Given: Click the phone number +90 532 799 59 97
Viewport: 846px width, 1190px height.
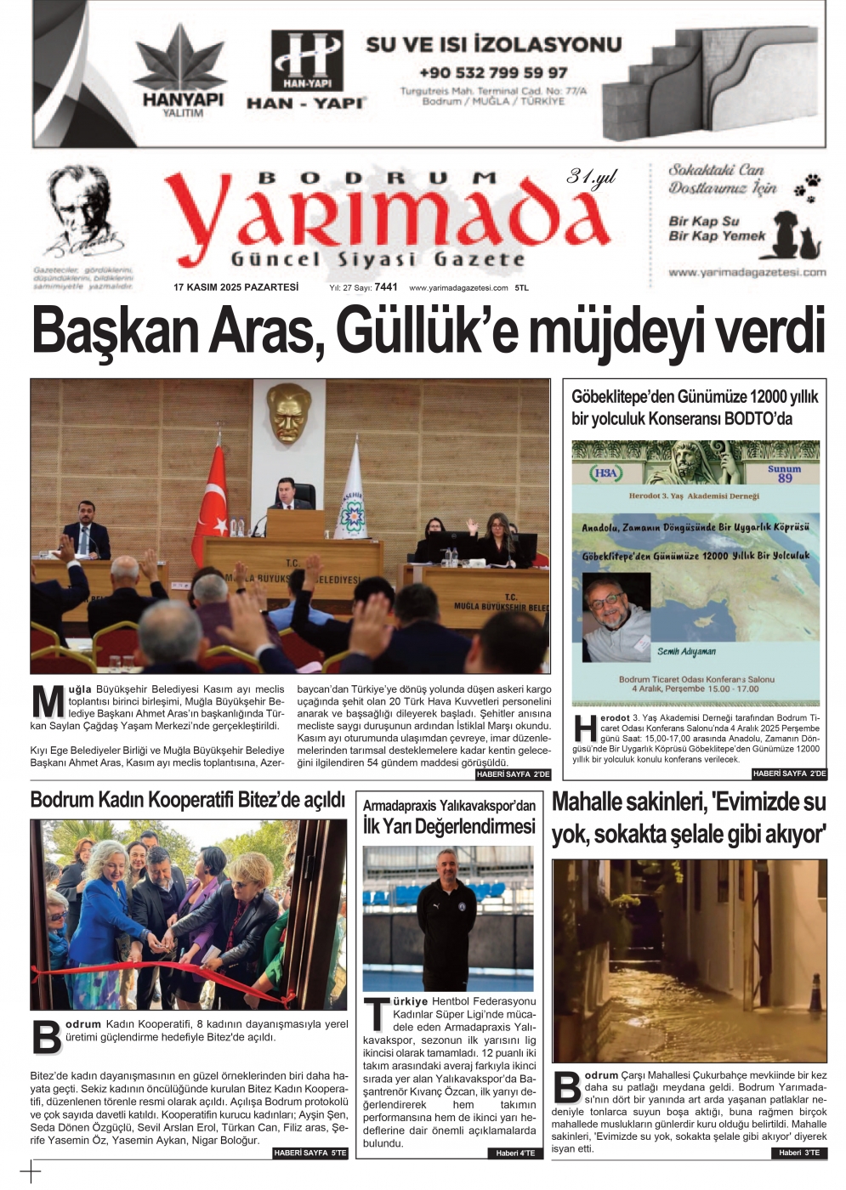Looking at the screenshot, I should [493, 73].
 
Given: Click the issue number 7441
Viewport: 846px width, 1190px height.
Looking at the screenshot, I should [386, 287].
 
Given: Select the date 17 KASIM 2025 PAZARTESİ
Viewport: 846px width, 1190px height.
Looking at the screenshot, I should [236, 287].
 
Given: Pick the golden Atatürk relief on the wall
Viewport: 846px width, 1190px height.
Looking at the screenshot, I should [287, 413].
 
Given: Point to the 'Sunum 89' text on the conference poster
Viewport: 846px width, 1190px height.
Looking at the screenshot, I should [784, 473].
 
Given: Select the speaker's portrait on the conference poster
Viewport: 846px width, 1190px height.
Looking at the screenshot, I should [616, 616].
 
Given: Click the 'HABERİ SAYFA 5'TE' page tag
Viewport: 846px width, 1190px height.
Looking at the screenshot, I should [310, 1153].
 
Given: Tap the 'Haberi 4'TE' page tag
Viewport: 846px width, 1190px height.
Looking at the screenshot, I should [516, 1153].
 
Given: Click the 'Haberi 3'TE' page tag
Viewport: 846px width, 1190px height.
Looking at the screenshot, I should [799, 1153].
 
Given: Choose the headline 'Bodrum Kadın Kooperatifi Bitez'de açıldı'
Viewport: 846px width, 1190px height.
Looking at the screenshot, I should [187, 800].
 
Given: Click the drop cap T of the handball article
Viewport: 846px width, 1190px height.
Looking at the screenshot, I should [376, 1014].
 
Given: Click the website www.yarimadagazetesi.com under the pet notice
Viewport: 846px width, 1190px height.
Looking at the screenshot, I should [747, 273].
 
